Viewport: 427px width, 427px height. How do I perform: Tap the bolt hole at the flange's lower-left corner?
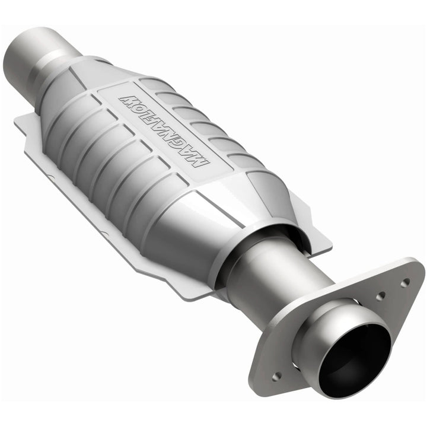tap(276, 375)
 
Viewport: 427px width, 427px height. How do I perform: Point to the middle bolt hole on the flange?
tap(381, 295)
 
